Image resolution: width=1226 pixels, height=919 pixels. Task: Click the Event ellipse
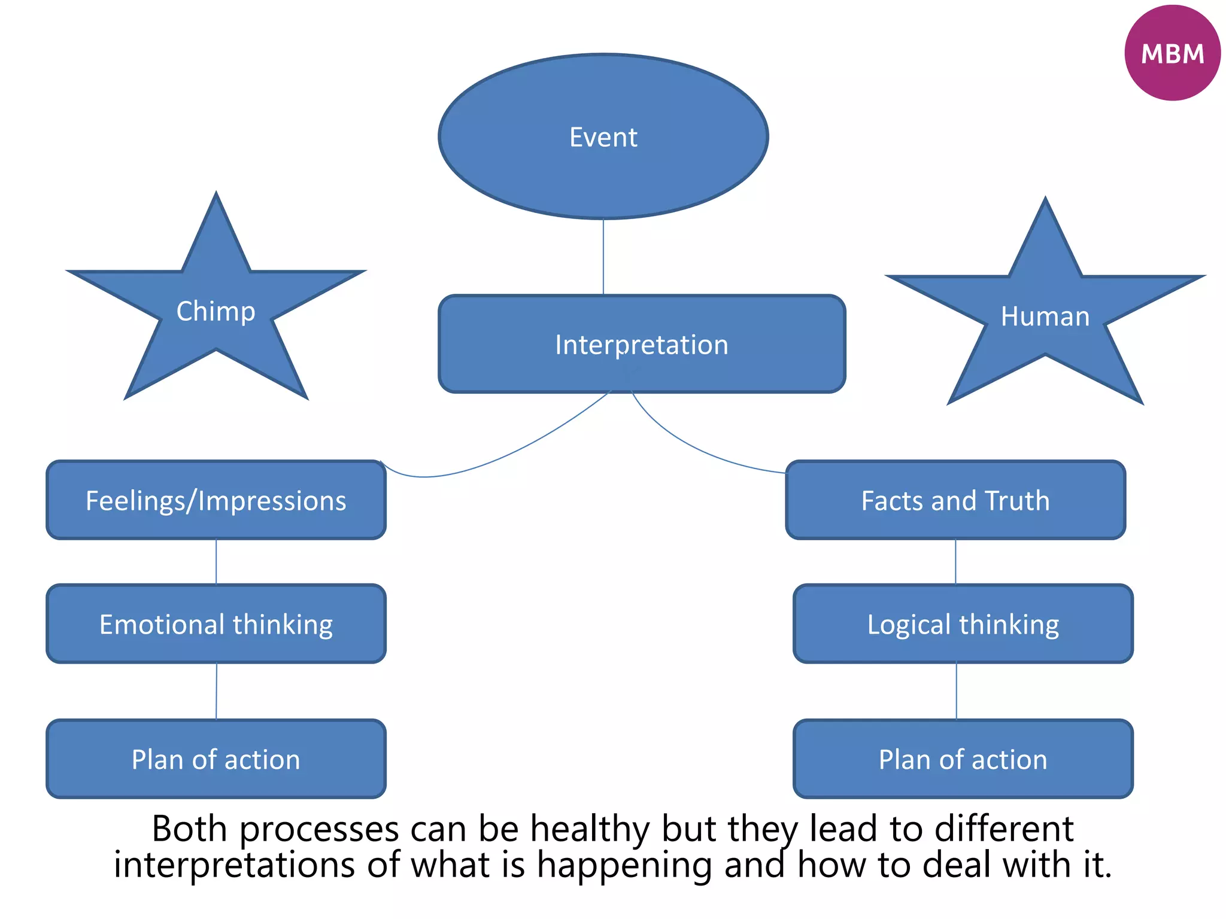(x=603, y=137)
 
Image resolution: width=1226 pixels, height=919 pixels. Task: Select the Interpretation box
(x=642, y=345)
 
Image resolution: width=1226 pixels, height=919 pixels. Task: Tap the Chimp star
(x=216, y=312)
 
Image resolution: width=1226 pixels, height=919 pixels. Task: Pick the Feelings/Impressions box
(x=216, y=500)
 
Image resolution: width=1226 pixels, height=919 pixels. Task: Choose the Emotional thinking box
(x=216, y=624)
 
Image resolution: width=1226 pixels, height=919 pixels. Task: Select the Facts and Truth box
(x=955, y=500)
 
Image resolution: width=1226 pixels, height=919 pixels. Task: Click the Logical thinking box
(x=963, y=624)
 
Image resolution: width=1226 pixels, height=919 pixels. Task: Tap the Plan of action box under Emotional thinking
(x=216, y=759)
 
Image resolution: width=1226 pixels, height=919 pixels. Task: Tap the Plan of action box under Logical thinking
(x=963, y=759)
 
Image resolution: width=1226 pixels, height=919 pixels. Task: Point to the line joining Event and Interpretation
(x=603, y=257)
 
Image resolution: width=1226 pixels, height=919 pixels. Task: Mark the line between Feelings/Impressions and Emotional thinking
(x=216, y=562)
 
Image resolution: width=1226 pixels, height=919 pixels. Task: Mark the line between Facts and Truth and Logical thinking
(x=955, y=562)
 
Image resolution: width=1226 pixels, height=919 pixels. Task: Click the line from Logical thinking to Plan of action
(x=956, y=691)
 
